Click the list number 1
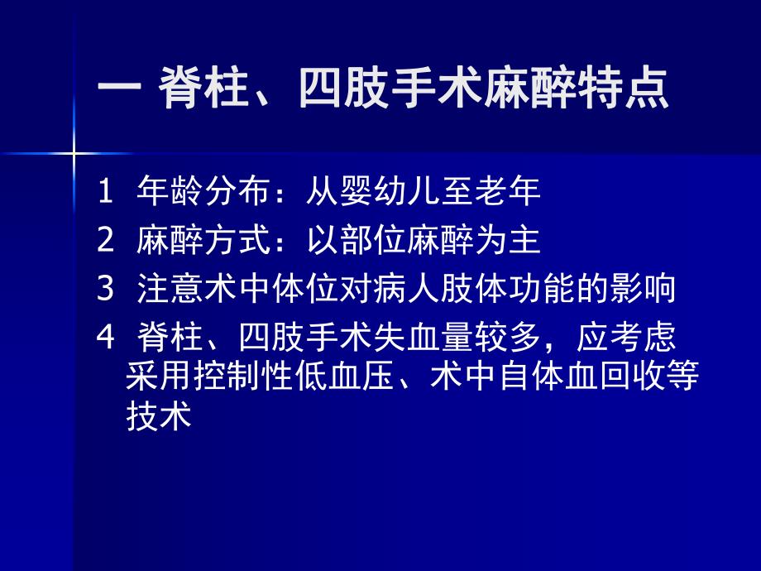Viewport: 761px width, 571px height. coord(104,192)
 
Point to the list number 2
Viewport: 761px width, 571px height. coord(104,241)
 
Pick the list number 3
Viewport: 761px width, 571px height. coord(104,289)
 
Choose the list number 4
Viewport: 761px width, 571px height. coord(104,337)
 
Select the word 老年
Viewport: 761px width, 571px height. coord(507,192)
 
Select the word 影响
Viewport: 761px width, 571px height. coord(643,289)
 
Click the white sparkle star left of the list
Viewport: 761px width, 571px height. coord(74,154)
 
